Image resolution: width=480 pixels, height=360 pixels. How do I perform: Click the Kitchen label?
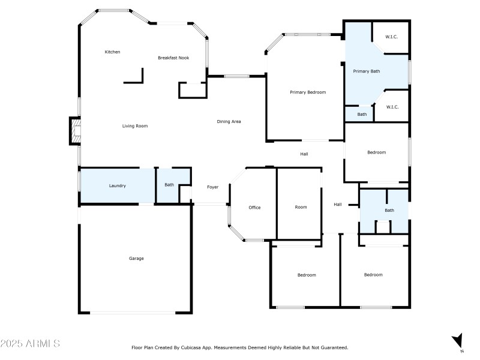(x=112, y=52)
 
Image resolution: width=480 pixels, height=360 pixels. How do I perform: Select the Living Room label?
(x=135, y=126)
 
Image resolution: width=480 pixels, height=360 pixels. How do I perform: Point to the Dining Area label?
(x=229, y=122)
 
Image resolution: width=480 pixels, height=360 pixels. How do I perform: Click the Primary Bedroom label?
(x=308, y=92)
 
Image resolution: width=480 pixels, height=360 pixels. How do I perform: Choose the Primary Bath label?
(x=366, y=71)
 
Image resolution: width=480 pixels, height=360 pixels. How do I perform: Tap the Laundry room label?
(x=118, y=186)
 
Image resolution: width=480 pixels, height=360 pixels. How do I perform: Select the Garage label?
(x=136, y=259)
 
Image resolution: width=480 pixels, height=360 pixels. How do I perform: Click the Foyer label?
(x=213, y=187)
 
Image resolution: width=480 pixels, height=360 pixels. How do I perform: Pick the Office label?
(x=254, y=208)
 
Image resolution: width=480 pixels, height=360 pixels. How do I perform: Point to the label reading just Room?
(x=301, y=207)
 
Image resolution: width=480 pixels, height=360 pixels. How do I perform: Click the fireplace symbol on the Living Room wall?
(x=74, y=131)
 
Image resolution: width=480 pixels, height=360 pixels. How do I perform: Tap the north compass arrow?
(x=458, y=341)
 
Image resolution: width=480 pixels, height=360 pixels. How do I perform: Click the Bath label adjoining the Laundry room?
(x=169, y=185)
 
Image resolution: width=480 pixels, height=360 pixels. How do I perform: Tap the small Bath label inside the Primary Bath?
(x=362, y=114)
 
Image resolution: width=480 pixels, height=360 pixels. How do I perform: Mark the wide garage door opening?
(x=133, y=313)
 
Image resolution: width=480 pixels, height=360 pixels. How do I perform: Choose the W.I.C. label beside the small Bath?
(x=392, y=107)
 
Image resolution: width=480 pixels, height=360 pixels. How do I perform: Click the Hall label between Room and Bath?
(x=338, y=205)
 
